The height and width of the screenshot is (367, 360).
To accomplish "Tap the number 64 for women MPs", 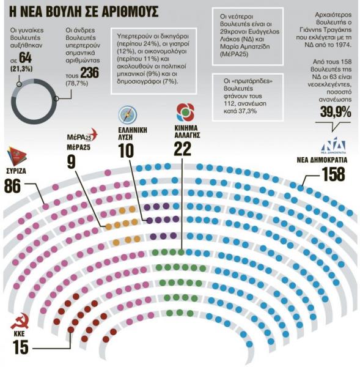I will (26, 58).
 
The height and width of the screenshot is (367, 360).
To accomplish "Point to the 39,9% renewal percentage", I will (335, 112).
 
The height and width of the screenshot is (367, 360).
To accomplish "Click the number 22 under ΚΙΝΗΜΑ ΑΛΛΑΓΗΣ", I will (183, 149).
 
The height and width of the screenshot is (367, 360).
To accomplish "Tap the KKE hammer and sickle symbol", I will (20, 323).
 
